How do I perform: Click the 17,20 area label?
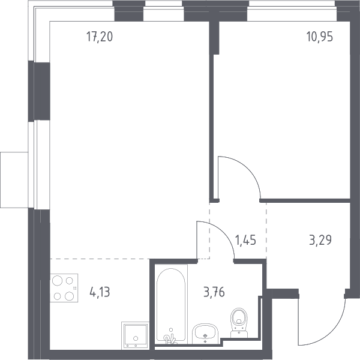(100, 37)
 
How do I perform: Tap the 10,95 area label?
(320, 37)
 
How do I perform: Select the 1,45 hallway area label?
(245, 240)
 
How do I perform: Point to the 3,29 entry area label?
(320, 240)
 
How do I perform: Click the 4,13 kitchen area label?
(100, 292)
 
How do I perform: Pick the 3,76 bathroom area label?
(214, 292)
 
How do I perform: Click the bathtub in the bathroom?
(171, 305)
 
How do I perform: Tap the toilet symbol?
(239, 323)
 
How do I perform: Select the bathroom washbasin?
(205, 334)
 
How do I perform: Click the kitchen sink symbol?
(135, 335)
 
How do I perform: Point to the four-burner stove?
(64, 288)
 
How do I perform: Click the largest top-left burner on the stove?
(57, 281)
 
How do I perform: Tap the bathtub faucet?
(170, 338)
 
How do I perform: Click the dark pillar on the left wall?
(39, 91)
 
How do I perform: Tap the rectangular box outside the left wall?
(14, 180)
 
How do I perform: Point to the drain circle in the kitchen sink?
(136, 338)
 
